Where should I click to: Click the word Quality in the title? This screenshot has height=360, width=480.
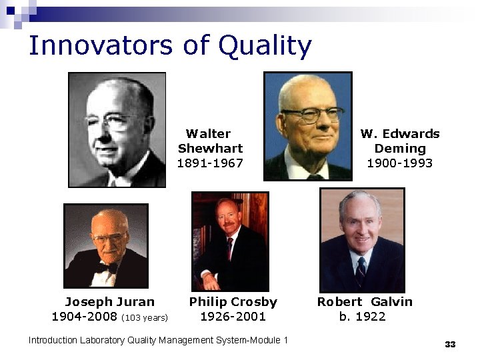[x=265, y=46]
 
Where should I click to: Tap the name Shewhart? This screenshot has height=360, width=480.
[x=210, y=148]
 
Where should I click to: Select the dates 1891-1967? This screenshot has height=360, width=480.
[x=210, y=163]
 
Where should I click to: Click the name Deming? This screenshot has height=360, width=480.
[x=400, y=148]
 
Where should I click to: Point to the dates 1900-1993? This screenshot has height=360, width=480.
[x=400, y=163]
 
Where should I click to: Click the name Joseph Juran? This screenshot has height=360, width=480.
[x=109, y=301]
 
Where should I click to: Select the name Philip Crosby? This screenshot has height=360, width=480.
[x=233, y=301]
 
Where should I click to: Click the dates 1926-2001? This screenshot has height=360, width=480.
[x=233, y=316]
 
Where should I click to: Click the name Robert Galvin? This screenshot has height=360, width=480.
[x=365, y=301]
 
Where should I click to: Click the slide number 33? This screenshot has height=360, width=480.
[x=450, y=344]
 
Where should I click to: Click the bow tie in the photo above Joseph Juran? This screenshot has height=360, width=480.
[x=107, y=267]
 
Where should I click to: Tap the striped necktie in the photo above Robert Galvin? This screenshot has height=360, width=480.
[x=361, y=271]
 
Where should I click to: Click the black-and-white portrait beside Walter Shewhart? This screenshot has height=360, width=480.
[x=117, y=129]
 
